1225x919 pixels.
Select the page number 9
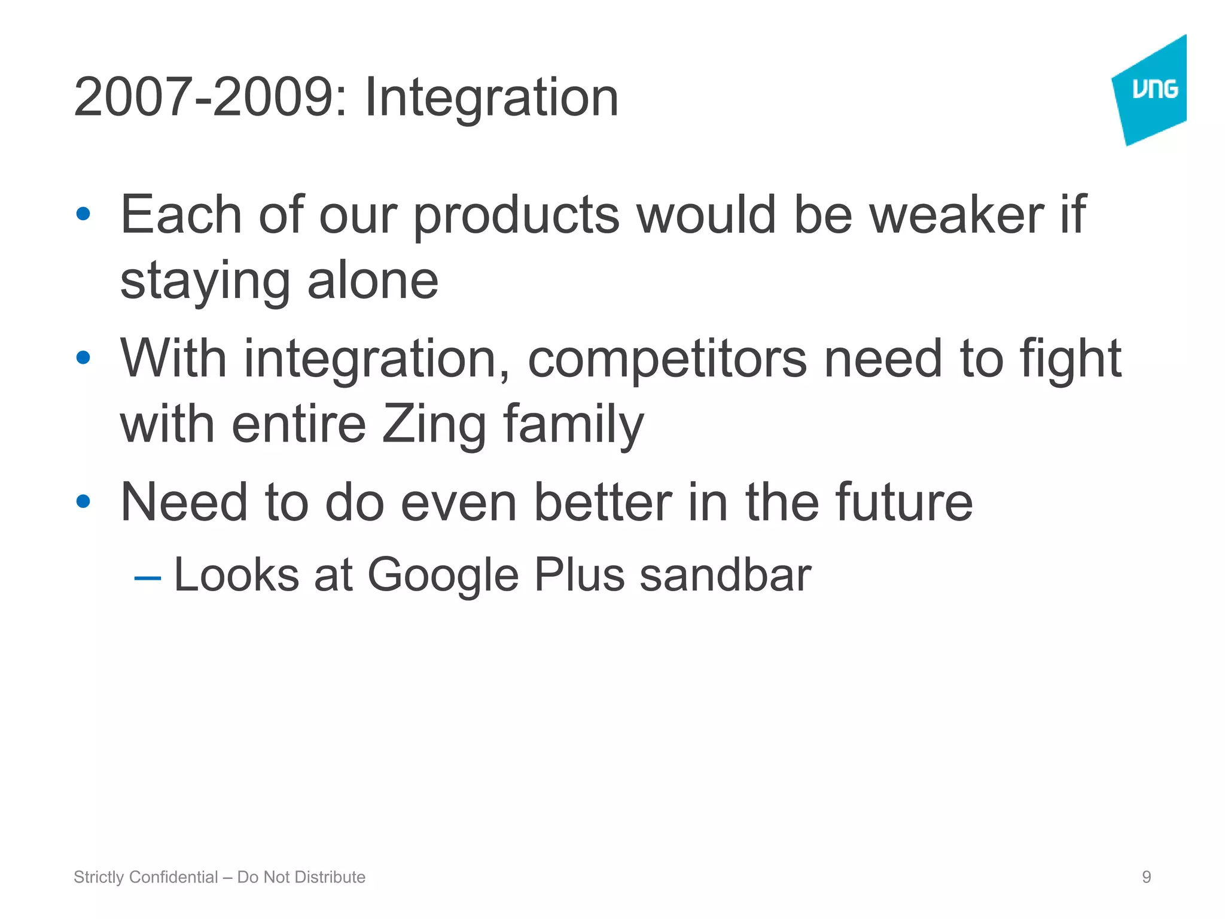1146,877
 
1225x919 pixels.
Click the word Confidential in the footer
173,877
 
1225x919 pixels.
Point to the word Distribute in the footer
330,877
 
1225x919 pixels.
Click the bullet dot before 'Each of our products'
83,214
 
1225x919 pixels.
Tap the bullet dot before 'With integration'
83,358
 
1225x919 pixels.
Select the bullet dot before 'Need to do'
83,501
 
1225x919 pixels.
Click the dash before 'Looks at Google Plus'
148,578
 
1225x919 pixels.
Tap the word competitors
667,358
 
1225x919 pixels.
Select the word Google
443,575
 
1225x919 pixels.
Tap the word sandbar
725,575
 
